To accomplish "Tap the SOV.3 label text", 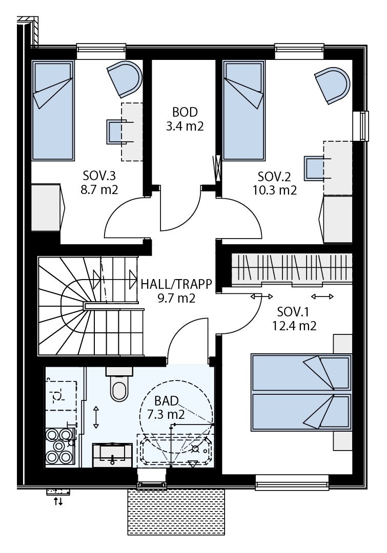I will pos(100,177).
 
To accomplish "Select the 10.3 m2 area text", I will pos(274,190).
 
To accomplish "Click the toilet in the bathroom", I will pos(120,388).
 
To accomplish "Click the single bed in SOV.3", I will pos(52,110).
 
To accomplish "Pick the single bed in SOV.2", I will pos(243,110).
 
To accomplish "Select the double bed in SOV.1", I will pos(301,392).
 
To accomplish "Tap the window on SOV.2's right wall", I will pos(364,125).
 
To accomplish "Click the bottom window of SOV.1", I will pos(292,482).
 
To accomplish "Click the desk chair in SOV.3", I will pos(116,131).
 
